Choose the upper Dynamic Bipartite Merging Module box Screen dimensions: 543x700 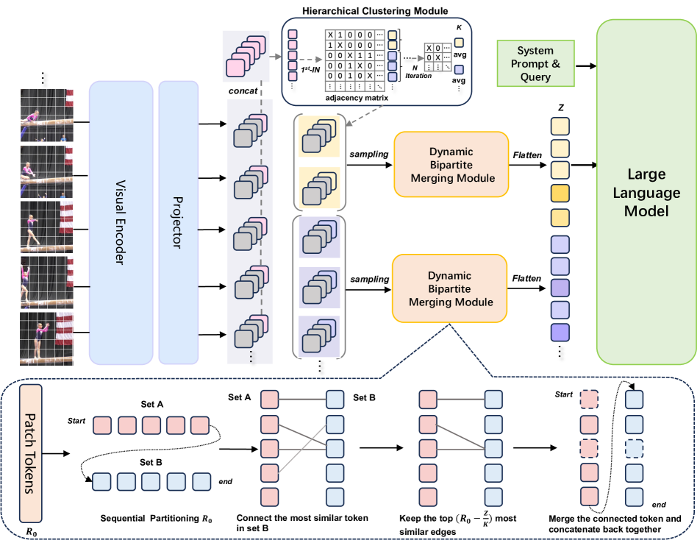tap(451, 164)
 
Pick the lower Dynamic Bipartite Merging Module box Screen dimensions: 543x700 tap(451, 288)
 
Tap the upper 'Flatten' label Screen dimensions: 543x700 tap(528, 155)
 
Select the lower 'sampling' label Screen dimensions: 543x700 tap(368, 280)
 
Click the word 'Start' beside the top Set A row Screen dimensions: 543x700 tap(76, 420)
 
